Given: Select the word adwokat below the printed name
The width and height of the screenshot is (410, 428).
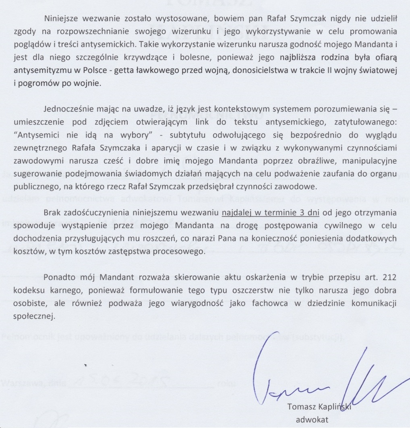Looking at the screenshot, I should pos(313,420).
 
